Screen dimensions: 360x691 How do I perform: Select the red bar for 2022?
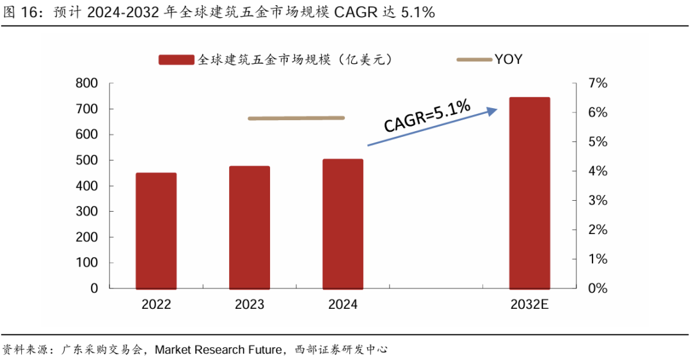pyautogui.click(x=156, y=230)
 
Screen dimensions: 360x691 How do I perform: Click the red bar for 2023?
pyautogui.click(x=250, y=227)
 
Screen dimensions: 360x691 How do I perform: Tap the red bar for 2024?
pyautogui.click(x=343, y=223)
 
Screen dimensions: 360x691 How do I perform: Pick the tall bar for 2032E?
pyautogui.click(x=529, y=192)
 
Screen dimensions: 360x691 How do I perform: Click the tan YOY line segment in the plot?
pyautogui.click(x=296, y=118)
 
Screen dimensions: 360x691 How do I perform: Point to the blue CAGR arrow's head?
pyautogui.click(x=493, y=110)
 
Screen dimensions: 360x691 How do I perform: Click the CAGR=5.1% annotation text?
pyautogui.click(x=427, y=116)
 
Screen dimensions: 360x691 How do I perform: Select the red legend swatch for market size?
pyautogui.click(x=176, y=59)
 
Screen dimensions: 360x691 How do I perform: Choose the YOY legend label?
pyautogui.click(x=508, y=59)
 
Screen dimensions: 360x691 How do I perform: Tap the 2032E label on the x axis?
pyautogui.click(x=530, y=305)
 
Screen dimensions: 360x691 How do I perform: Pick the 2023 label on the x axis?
pyautogui.click(x=250, y=305)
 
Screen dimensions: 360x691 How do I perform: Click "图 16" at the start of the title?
pyautogui.click(x=19, y=13)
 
